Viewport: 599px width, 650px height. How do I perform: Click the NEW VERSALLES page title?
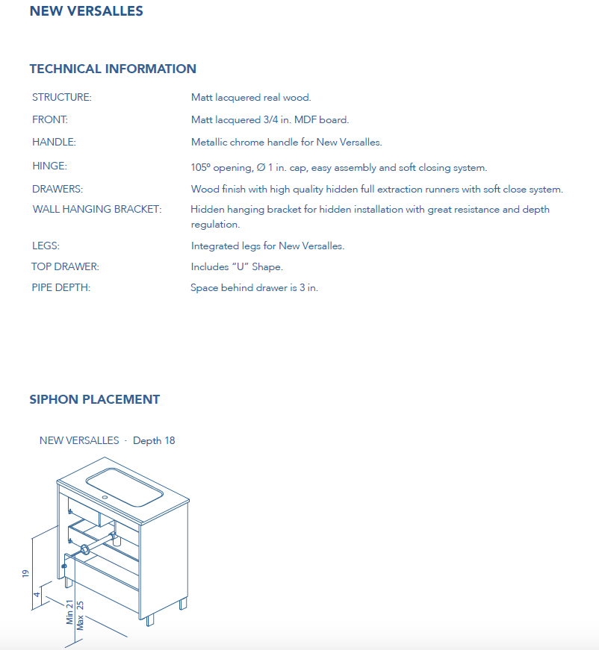pos(86,11)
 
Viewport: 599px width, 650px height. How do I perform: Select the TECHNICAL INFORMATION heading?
pos(113,69)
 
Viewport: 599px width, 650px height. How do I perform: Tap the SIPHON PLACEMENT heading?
pos(94,399)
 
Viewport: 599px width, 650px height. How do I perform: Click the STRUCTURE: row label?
pos(62,98)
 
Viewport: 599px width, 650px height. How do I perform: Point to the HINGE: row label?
pos(49,166)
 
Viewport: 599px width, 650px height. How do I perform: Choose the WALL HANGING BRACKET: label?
pos(97,210)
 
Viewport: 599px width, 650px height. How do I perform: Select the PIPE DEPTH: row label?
pos(60,288)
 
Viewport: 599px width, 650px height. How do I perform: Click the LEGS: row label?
pos(46,246)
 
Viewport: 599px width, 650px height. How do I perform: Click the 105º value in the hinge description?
pos(200,168)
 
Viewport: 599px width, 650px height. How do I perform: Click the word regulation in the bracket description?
pos(215,225)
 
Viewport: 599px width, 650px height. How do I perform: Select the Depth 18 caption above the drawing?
pos(154,440)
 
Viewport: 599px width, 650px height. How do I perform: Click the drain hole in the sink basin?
pos(105,496)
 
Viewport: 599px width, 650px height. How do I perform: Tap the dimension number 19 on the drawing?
pos(25,573)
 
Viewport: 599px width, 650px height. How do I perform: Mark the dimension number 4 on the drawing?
pos(37,594)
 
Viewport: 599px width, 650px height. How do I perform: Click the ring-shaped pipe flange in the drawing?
pos(85,550)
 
